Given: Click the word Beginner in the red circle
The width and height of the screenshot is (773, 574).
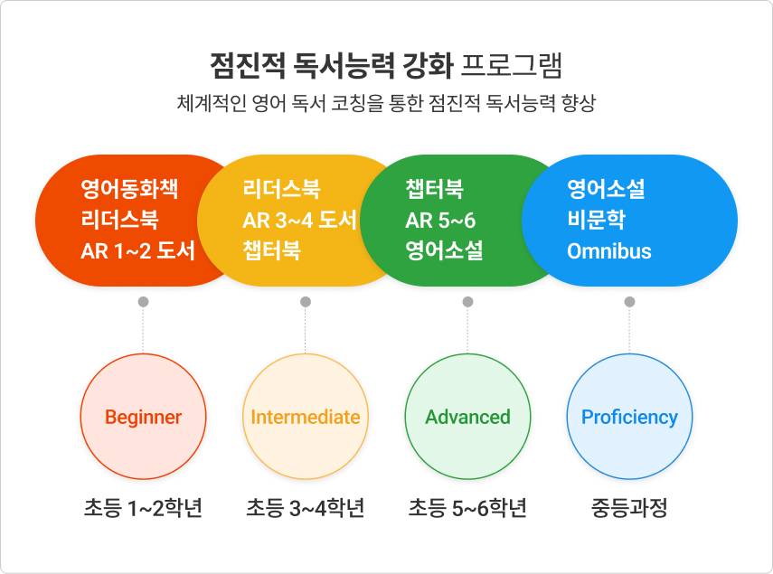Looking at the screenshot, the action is click(143, 418).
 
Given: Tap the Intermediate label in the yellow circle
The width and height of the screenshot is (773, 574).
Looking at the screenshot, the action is click(306, 418).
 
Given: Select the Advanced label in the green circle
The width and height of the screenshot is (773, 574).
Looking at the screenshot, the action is click(467, 418).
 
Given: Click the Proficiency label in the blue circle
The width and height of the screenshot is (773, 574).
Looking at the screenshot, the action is click(629, 418).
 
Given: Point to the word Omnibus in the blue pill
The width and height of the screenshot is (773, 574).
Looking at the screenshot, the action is click(609, 251).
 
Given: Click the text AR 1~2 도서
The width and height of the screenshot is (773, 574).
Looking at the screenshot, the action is click(137, 250).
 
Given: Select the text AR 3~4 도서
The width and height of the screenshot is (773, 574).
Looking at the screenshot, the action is click(299, 220).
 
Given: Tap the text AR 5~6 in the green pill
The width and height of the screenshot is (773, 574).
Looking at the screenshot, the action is click(440, 221).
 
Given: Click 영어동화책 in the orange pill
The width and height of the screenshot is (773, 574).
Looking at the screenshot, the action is click(129, 189).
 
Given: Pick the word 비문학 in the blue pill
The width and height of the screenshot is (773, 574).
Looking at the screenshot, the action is click(596, 220).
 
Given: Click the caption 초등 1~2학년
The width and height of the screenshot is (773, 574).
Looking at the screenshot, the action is click(143, 508).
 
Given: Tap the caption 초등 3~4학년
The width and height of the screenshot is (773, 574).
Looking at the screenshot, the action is click(306, 508).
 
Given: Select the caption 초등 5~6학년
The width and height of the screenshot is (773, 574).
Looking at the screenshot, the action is click(467, 508).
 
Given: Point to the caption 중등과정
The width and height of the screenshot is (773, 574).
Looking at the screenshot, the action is click(629, 508).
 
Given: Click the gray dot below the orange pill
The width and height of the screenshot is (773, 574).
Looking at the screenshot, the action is click(144, 302).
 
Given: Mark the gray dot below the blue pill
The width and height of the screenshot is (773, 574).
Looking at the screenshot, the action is click(629, 302).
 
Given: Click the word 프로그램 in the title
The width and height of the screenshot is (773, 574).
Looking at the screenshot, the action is click(512, 65).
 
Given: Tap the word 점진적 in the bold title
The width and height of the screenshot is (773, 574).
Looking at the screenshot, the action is click(248, 65).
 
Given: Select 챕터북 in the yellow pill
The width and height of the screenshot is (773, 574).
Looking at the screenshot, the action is click(271, 250).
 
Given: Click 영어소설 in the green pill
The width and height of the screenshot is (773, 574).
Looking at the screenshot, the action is click(444, 250).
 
